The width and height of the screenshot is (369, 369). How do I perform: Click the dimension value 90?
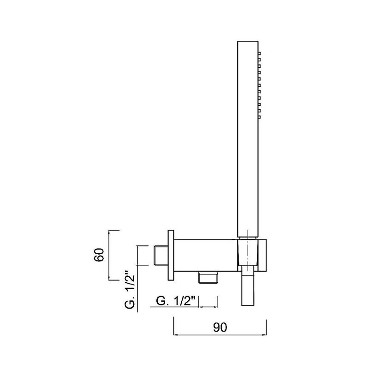(x=220, y=327)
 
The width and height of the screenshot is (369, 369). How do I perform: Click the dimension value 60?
(x=99, y=255)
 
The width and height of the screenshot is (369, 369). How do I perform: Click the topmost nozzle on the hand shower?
(x=259, y=54)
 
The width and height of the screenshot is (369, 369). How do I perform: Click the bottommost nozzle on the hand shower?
(x=259, y=117)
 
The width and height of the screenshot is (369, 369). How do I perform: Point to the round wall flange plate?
(x=171, y=255)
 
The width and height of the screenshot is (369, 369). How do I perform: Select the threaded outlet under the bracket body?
(x=208, y=277)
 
